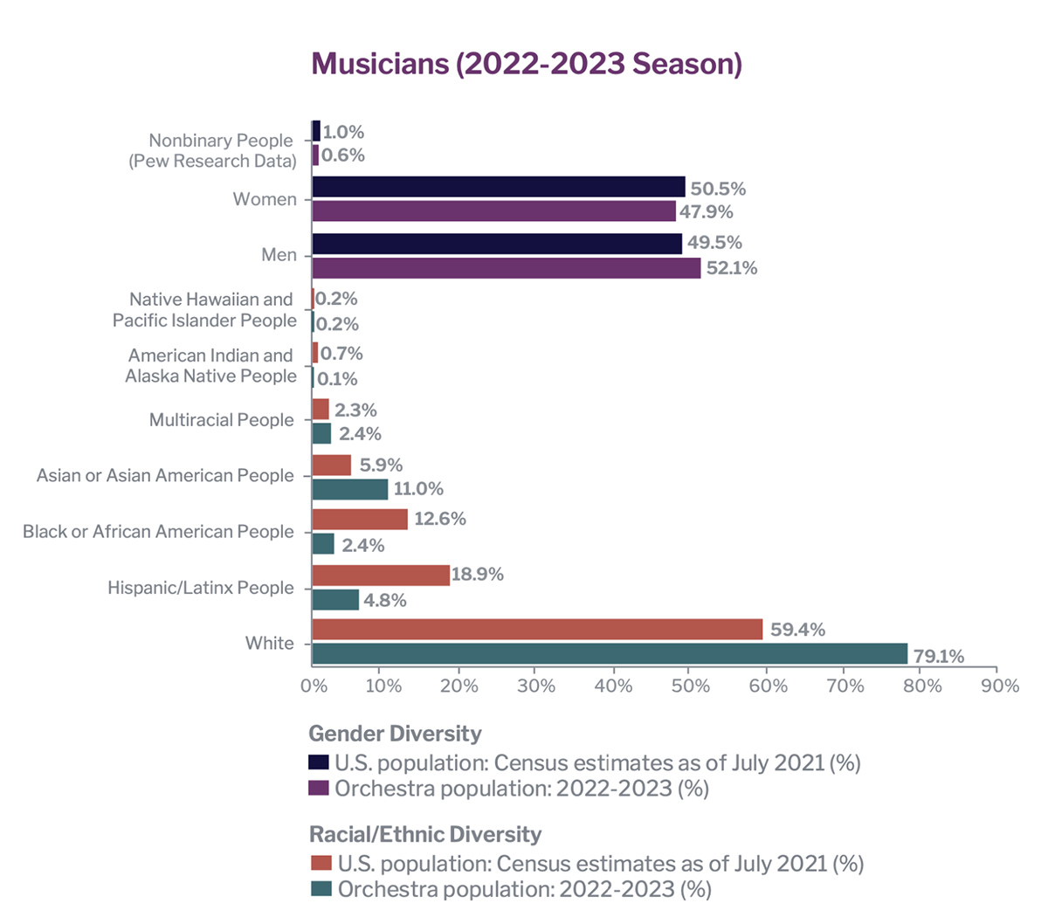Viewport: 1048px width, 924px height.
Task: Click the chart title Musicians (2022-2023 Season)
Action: pos(527,64)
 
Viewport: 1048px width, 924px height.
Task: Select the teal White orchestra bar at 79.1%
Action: pos(609,654)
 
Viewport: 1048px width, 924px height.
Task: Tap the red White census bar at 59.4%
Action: pos(536,630)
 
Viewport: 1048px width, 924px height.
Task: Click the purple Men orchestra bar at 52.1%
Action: pos(506,268)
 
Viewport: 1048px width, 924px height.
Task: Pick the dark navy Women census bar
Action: pos(498,187)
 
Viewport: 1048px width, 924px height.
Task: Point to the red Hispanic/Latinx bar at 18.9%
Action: pos(380,575)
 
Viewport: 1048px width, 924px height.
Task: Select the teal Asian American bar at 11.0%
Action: pos(349,489)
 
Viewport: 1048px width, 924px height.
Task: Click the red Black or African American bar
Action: pos(359,519)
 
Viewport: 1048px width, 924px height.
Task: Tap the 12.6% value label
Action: pos(439,519)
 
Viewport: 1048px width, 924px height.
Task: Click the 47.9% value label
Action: pos(706,211)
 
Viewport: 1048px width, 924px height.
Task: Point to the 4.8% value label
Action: pos(384,601)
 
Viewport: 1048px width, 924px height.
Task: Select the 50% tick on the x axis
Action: pos(691,686)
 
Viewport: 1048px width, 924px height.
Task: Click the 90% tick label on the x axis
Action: pos(999,686)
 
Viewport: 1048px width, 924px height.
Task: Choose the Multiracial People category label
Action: pos(221,420)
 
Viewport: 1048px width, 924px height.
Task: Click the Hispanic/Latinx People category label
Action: pos(200,588)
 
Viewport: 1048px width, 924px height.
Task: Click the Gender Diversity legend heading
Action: pos(395,734)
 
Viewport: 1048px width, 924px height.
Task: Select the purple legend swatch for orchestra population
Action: pos(320,788)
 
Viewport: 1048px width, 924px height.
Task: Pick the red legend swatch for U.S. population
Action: pos(321,863)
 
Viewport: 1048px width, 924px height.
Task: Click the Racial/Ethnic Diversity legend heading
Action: pos(425,834)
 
